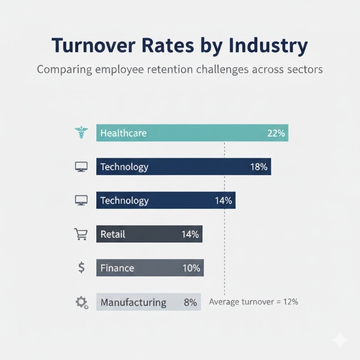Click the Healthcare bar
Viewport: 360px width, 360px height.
[x=192, y=133]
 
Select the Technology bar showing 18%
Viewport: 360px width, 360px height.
[x=183, y=167]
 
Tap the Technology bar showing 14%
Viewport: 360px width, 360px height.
[x=166, y=201]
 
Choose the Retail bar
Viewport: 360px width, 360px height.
[x=149, y=234]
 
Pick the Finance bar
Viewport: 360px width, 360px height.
[x=150, y=268]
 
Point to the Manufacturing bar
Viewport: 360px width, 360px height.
[x=148, y=302]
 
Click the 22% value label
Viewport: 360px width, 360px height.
[x=275, y=133]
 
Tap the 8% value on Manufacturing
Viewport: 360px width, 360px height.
[x=190, y=302]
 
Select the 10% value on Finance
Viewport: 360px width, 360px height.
[x=191, y=268]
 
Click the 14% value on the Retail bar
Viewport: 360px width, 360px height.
[x=190, y=234]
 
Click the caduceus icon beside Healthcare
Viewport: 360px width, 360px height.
[x=80, y=133]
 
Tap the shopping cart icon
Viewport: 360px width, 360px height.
[x=80, y=234]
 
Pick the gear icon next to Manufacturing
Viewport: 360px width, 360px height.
[x=81, y=302]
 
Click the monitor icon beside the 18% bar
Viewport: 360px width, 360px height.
[x=81, y=167]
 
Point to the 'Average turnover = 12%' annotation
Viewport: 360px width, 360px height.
[x=253, y=302]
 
